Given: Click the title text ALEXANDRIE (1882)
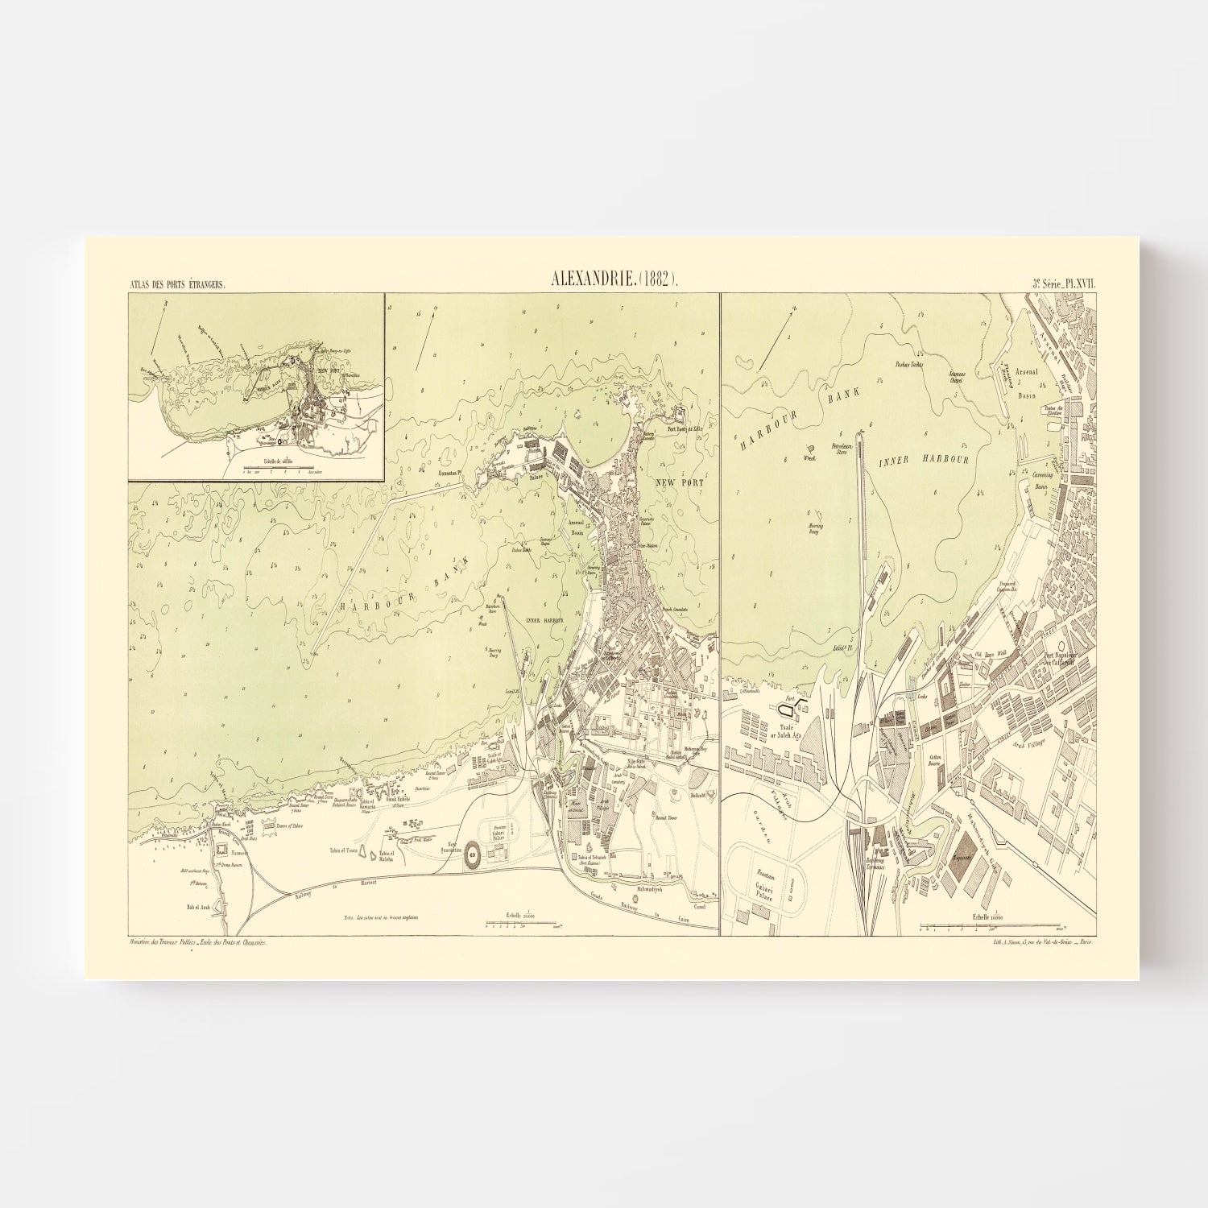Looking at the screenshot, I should point(614,281).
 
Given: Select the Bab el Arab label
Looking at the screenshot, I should point(197,907).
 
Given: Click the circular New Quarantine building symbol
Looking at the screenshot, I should point(472,855).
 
